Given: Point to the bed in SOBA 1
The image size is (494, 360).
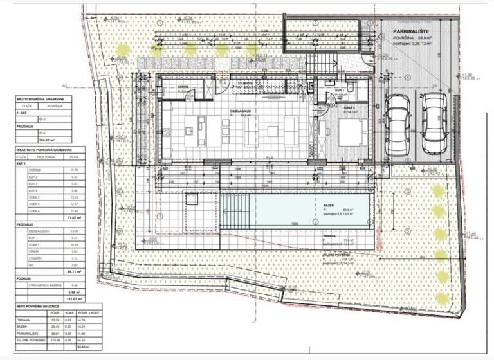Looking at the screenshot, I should tap(350, 132).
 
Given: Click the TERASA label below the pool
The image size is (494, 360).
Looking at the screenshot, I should tap(330, 237).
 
